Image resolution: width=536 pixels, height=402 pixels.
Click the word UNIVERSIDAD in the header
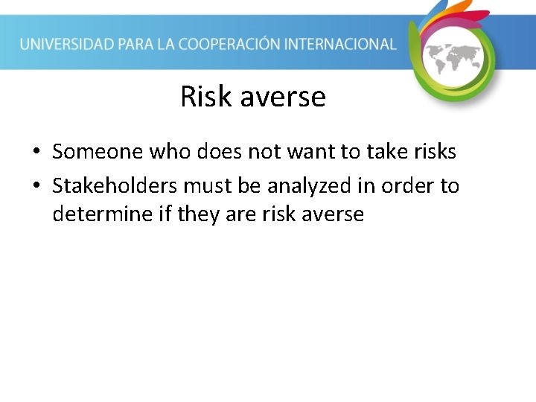tap(66, 44)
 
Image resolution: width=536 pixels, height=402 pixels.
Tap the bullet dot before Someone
tap(36, 153)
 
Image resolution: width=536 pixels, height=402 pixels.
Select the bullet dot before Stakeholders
tap(36, 186)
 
